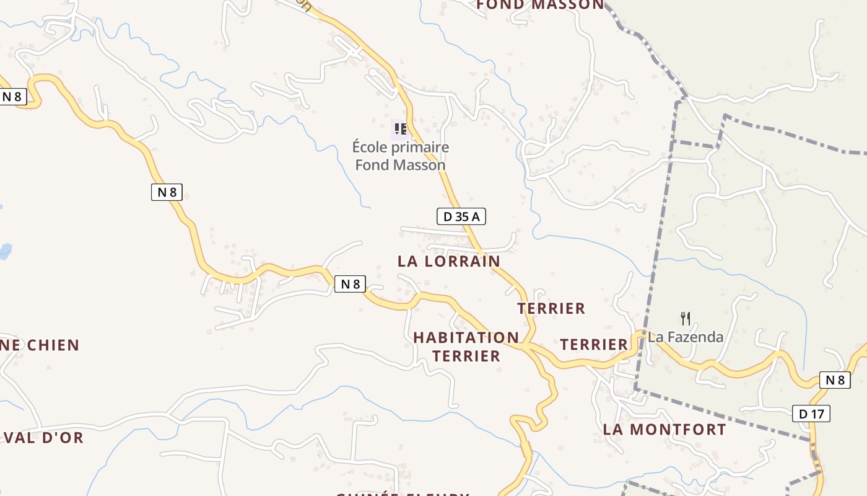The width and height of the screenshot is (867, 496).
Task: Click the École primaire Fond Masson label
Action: (x=400, y=156)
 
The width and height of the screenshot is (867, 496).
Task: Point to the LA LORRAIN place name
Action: (x=449, y=261)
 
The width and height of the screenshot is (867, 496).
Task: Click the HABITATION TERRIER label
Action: (x=466, y=347)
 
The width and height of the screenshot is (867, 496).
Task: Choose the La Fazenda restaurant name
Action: (x=686, y=337)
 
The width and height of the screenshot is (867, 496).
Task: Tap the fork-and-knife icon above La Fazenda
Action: (x=685, y=319)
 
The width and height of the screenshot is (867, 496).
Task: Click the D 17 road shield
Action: (x=811, y=414)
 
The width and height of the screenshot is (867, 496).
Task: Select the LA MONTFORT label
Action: (x=664, y=429)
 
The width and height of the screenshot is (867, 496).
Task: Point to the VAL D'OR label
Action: (x=43, y=438)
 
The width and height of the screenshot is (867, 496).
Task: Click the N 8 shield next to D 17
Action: (x=835, y=380)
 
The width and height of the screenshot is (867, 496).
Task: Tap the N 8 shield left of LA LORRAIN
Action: (x=351, y=284)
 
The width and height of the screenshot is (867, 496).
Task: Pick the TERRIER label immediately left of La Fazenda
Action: (x=594, y=345)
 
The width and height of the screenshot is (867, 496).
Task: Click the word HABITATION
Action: (x=466, y=338)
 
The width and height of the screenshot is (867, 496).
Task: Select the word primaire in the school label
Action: (x=418, y=148)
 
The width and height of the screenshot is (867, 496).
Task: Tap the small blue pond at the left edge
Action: (x=4, y=251)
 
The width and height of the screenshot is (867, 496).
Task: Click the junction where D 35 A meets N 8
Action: (x=525, y=345)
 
